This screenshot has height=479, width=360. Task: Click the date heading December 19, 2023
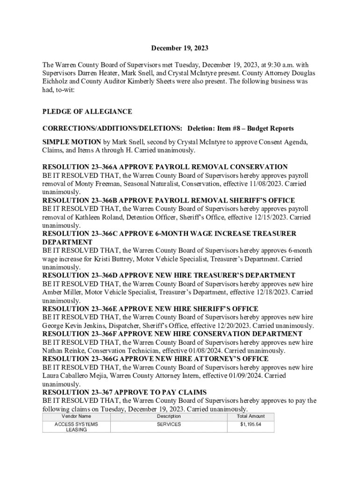(180, 48)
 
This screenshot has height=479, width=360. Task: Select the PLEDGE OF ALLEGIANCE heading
(87, 112)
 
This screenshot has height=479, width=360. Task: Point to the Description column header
(169, 416)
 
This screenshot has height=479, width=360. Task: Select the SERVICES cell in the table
(169, 424)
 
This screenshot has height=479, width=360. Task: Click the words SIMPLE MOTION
(72, 142)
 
